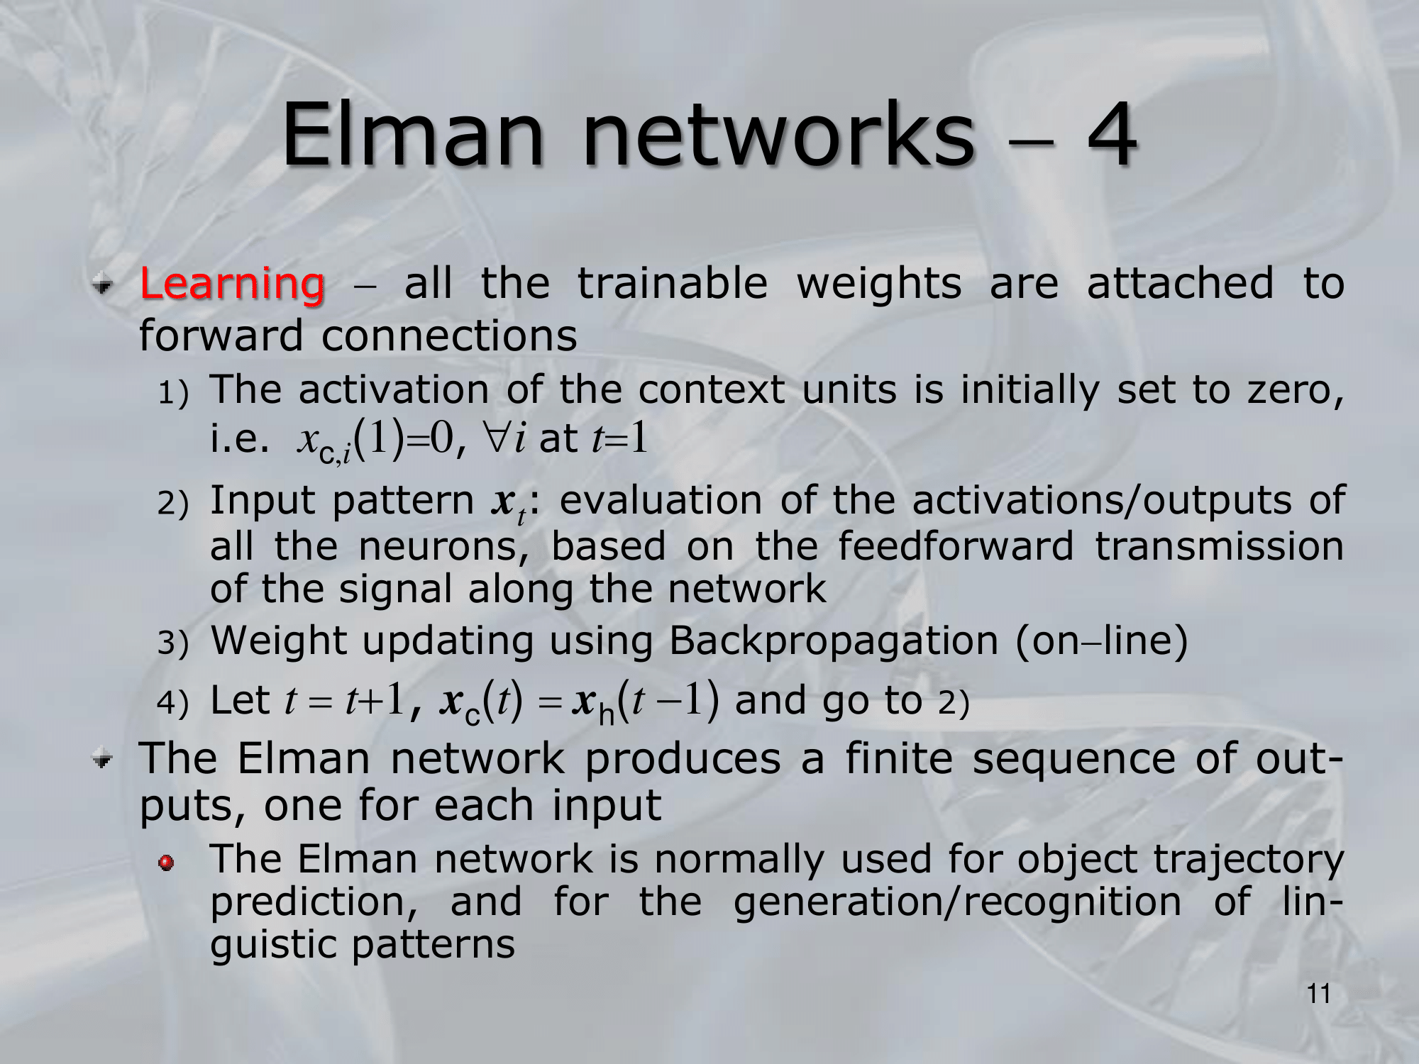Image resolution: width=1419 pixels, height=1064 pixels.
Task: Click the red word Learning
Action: coord(233,284)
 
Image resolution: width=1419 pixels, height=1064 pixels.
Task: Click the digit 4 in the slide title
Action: coord(1112,134)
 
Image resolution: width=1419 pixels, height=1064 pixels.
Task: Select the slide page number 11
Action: coord(1319,994)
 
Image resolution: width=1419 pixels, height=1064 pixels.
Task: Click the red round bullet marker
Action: coord(166,863)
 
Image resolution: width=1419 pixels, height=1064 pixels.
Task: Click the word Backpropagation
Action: coord(834,642)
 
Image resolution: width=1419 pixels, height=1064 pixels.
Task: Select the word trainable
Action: coord(673,283)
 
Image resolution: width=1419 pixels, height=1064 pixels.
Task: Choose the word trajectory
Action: coord(1248,860)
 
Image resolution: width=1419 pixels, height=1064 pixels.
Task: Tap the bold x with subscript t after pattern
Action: coord(507,504)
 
